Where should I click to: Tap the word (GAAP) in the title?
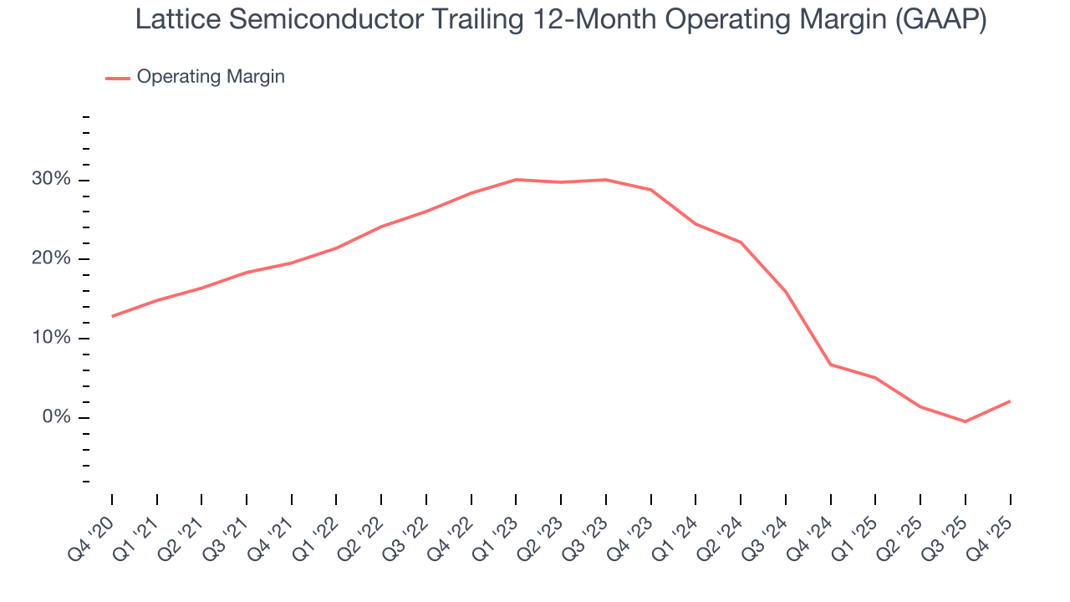(x=940, y=20)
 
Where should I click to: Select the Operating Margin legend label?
(x=211, y=77)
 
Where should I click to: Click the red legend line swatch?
(x=117, y=78)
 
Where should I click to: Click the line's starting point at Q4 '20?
(x=112, y=316)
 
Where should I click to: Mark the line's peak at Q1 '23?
(x=517, y=179)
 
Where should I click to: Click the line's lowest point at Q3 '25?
(x=966, y=421)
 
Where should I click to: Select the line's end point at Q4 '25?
(x=1010, y=401)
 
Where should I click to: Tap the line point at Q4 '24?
(x=831, y=365)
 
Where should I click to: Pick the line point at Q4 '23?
(x=651, y=190)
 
